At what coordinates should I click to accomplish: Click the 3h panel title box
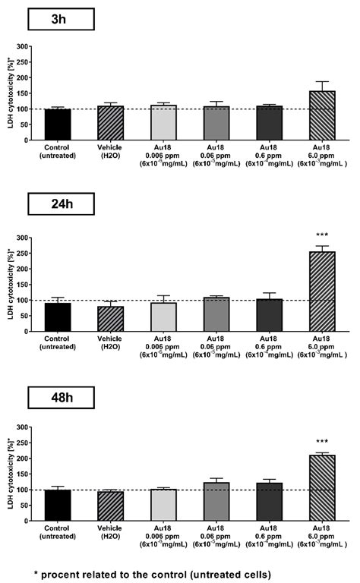59,20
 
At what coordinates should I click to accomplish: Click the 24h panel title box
59,203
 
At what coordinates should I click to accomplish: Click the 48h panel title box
59,397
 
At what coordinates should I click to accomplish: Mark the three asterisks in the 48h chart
323,440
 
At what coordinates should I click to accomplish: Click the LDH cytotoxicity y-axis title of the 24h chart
10,285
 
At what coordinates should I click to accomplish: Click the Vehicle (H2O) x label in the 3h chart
111,152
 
